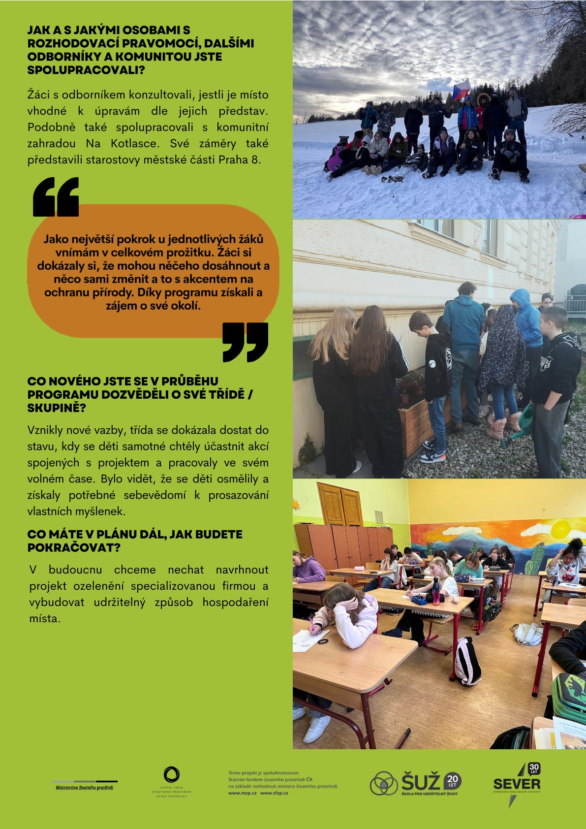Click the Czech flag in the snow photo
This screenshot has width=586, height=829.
coord(461,89)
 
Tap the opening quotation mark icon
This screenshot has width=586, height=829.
coord(56,197)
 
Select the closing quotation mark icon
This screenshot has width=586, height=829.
coord(245,342)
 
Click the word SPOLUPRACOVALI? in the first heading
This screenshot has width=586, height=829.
coord(86,70)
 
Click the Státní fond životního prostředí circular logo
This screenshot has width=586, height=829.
coord(171,775)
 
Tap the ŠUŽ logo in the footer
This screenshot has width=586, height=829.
coord(416,783)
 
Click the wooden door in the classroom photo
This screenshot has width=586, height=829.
coord(340,505)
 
